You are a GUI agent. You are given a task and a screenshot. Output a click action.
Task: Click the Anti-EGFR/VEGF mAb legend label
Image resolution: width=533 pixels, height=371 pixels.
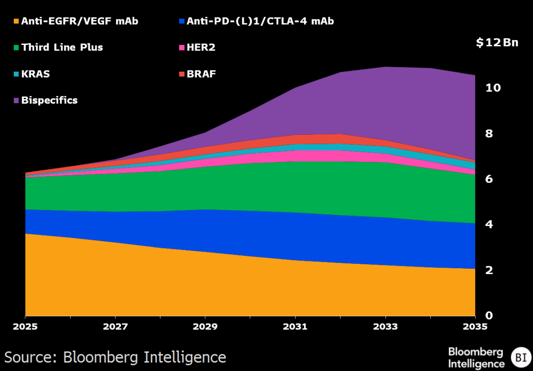79,21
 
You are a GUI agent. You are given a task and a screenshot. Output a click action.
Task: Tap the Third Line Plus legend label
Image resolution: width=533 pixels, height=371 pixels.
62,47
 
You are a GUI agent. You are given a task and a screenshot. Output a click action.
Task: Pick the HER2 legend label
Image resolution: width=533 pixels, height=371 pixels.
201,47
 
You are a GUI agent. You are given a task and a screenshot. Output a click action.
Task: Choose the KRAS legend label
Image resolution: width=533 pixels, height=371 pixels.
36,74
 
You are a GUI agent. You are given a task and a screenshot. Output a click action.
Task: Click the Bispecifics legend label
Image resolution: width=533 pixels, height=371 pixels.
49,100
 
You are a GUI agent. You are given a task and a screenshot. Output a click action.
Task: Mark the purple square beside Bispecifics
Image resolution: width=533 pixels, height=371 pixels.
16,101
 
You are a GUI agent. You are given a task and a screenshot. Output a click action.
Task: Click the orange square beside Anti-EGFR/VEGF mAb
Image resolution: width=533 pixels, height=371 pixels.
16,22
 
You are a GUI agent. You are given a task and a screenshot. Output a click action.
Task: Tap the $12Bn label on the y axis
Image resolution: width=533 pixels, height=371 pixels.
497,42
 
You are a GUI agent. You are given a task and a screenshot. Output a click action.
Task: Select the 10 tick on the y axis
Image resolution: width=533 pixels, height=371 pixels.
493,88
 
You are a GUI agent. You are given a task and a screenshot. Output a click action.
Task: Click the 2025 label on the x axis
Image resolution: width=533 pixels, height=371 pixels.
25,327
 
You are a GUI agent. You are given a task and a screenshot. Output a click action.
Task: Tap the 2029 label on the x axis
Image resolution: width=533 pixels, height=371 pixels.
205,327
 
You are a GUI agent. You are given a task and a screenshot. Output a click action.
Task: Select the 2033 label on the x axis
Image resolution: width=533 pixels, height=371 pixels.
385,327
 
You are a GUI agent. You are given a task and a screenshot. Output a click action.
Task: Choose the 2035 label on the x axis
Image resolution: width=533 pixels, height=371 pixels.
475,327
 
